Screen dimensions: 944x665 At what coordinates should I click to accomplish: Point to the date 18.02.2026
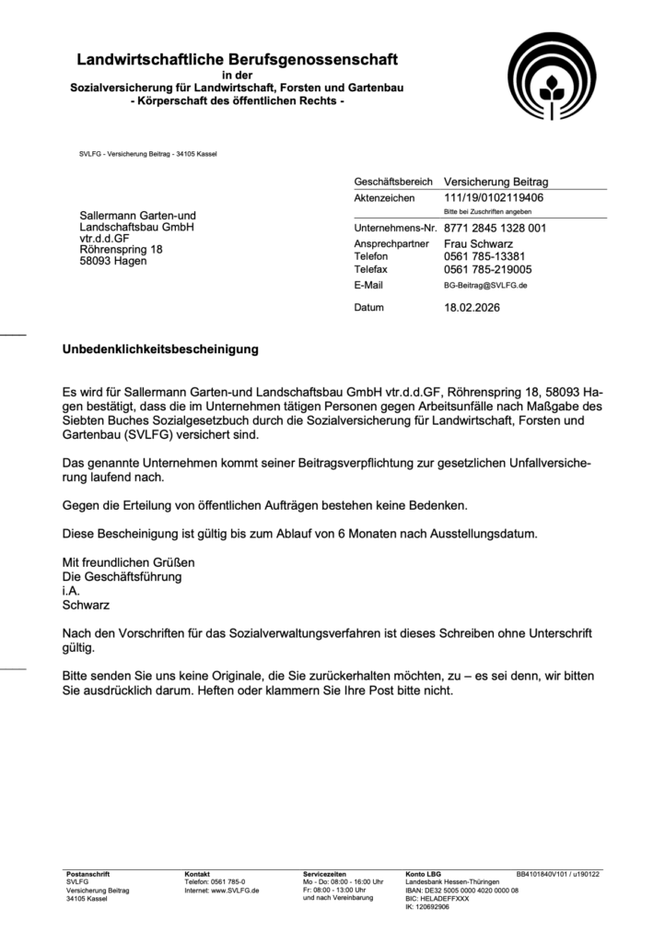(x=472, y=307)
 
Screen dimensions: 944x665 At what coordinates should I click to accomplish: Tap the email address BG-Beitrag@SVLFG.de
(x=484, y=286)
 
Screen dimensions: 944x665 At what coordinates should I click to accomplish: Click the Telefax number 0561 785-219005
(x=487, y=269)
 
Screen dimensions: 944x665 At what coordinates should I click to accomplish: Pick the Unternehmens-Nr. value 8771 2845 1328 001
(x=495, y=228)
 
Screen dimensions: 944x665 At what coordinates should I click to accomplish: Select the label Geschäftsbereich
(x=393, y=183)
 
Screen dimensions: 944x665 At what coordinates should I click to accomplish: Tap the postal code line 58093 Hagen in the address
(x=113, y=261)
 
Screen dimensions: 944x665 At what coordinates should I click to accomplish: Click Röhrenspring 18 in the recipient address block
(x=122, y=249)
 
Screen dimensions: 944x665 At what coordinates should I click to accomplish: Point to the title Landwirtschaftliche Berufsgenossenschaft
(x=237, y=60)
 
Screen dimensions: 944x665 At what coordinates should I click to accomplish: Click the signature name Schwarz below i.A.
(x=85, y=606)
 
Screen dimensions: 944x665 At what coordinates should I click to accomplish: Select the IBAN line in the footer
(x=461, y=891)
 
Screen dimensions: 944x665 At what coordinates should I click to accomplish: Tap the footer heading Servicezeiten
(x=324, y=873)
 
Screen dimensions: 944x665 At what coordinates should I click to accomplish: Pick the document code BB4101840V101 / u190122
(x=558, y=873)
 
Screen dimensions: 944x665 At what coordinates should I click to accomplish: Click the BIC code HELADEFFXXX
(x=437, y=899)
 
